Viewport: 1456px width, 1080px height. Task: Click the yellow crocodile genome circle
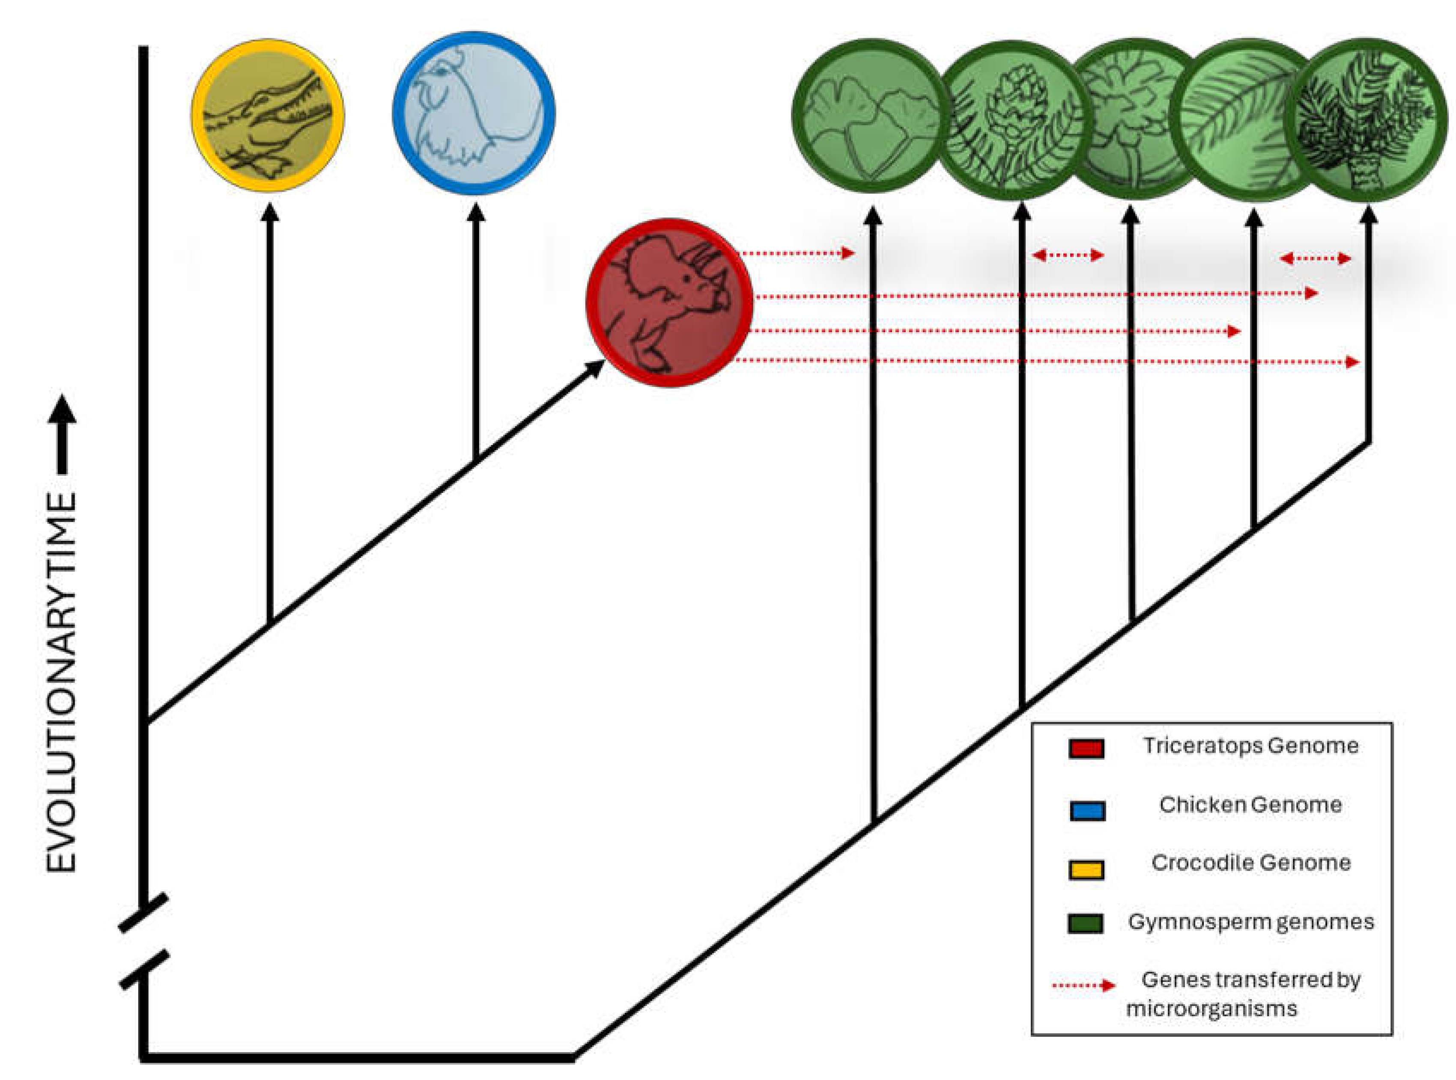click(268, 115)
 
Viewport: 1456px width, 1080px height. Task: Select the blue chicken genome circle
click(474, 113)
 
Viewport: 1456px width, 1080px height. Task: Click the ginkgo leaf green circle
click(871, 116)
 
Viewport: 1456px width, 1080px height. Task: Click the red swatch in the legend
click(1086, 748)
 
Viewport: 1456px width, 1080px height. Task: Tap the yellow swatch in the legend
click(1086, 869)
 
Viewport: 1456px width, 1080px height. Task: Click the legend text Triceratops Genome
click(1250, 746)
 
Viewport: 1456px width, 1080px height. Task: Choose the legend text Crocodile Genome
click(1250, 863)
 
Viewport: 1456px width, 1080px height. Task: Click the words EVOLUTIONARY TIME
click(62, 682)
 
